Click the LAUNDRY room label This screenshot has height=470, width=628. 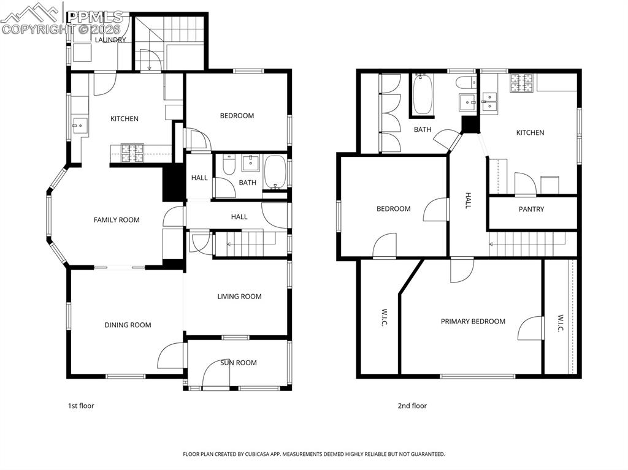click(110, 40)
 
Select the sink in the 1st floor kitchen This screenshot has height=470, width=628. click(78, 126)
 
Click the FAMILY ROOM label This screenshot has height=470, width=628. click(117, 220)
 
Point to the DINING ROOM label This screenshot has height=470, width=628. click(128, 325)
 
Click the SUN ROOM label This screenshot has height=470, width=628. click(239, 363)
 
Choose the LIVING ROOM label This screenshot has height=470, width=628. click(239, 297)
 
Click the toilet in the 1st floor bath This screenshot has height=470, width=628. click(229, 165)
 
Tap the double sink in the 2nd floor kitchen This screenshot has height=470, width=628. click(490, 102)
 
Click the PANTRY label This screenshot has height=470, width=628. click(531, 210)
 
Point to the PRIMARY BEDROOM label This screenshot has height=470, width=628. click(473, 322)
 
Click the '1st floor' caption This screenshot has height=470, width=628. click(80, 406)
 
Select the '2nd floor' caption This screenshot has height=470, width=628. click(412, 406)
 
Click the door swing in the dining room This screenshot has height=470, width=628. click(171, 356)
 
